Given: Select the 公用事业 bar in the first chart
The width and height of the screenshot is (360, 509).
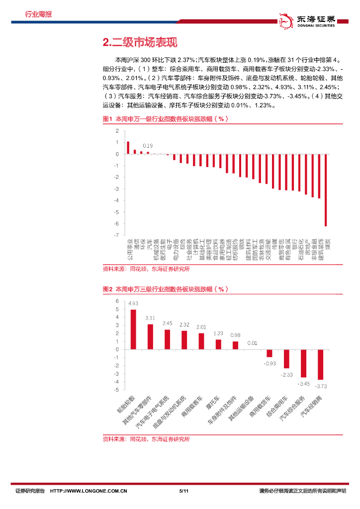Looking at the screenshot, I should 128,148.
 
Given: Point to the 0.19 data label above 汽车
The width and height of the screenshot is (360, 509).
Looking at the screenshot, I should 148,146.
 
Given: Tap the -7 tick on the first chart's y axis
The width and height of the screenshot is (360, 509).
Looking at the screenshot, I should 117,235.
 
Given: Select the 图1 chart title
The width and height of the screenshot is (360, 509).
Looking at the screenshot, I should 165,119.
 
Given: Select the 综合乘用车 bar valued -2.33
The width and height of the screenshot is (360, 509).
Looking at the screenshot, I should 286,359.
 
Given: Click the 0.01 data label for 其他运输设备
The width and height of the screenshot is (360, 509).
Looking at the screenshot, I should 252,343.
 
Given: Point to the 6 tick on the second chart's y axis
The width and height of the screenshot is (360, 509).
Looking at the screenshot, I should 117,301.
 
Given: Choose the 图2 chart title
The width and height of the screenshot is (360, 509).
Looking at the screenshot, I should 165,289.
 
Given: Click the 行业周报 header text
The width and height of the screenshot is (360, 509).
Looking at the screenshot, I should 38,14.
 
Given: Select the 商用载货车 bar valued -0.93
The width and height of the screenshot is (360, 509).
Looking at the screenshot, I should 270,353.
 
